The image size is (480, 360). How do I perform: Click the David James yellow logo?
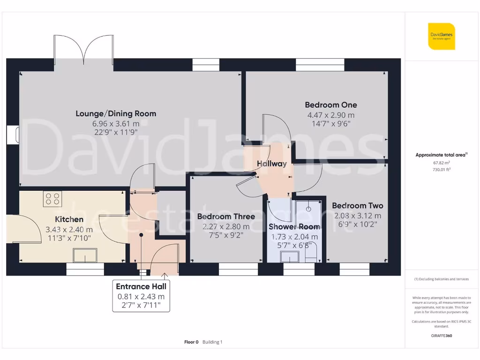[x=441, y=36]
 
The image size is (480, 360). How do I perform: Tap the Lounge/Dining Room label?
[x=116, y=113]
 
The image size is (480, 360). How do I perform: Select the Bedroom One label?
[x=330, y=105]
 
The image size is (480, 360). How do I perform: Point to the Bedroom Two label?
[x=357, y=206]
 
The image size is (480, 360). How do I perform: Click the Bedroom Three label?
[x=226, y=217]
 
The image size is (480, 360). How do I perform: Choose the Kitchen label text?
[x=69, y=219]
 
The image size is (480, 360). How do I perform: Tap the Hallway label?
[x=272, y=164]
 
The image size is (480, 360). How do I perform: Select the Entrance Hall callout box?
[x=141, y=296]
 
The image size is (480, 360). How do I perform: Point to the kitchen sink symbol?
[x=84, y=255]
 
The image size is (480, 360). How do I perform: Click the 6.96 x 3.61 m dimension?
[x=116, y=124]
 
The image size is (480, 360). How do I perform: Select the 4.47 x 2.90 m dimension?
[x=330, y=115]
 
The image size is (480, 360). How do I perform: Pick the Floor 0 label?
[x=191, y=342]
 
